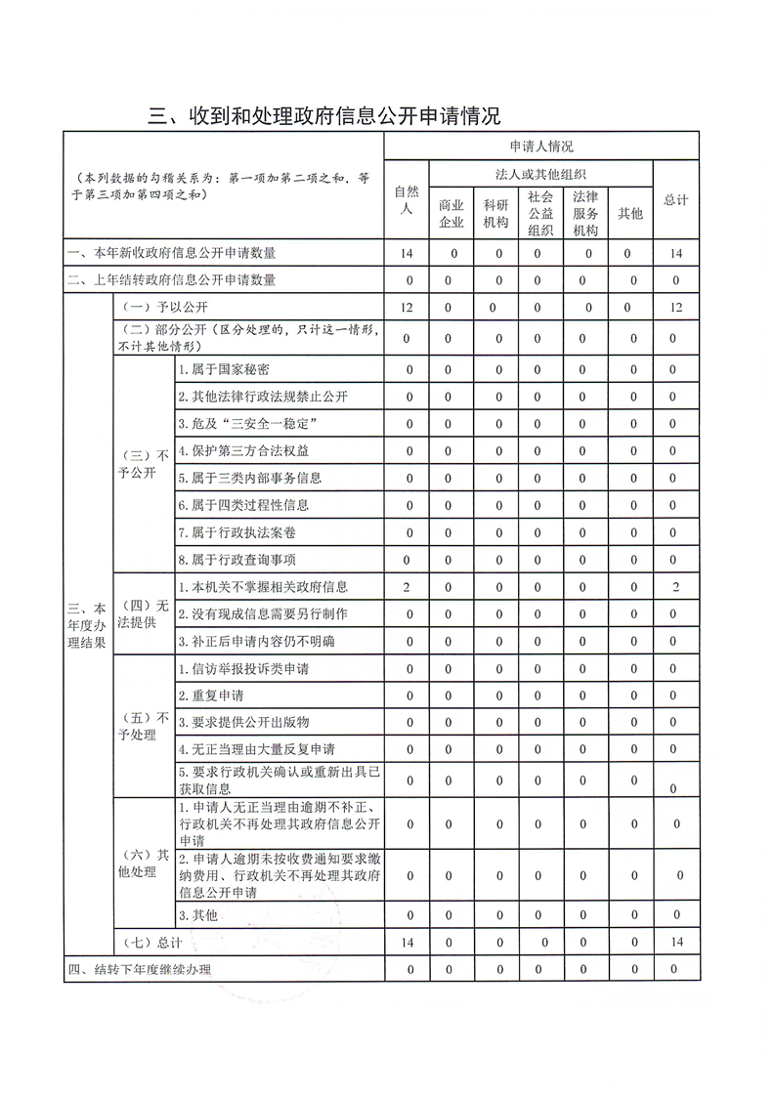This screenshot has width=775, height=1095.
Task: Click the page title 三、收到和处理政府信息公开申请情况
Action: (323, 116)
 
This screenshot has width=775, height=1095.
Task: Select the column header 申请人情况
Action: (540, 146)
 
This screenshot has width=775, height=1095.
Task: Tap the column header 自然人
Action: (407, 199)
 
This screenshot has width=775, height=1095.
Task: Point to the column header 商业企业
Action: (451, 214)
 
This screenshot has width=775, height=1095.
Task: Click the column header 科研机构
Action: (495, 214)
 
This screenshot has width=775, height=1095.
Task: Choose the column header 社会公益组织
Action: (540, 214)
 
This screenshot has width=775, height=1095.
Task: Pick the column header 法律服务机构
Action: (585, 214)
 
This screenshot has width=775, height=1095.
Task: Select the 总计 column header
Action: (675, 199)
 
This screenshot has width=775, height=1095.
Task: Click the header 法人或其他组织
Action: (540, 174)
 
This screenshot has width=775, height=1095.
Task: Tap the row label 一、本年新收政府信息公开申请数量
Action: (171, 253)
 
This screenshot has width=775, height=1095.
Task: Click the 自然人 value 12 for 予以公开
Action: (407, 308)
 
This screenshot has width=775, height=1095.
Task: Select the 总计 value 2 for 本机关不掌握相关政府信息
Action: (675, 586)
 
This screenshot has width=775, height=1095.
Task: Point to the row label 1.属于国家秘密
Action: (224, 369)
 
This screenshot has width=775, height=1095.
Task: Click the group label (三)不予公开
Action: (143, 464)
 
